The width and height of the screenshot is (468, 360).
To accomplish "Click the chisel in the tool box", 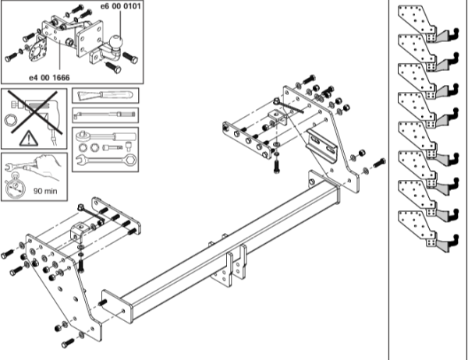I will [105, 95].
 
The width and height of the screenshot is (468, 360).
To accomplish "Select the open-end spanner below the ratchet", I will [105, 159].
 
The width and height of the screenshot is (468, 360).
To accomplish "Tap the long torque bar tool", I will [105, 115].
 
